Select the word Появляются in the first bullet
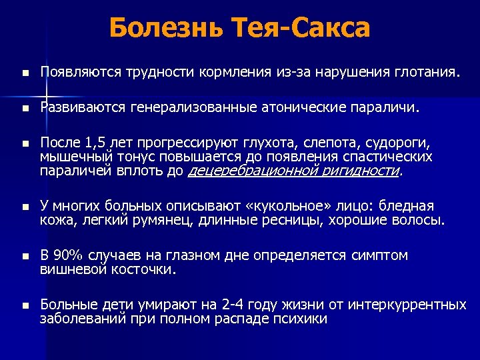coord(77,71)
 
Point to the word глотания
coord(430,71)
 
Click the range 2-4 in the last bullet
coord(233,305)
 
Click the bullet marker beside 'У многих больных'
coord(25,207)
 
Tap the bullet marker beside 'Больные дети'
coord(25,305)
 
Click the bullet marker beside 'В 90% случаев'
coord(25,256)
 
